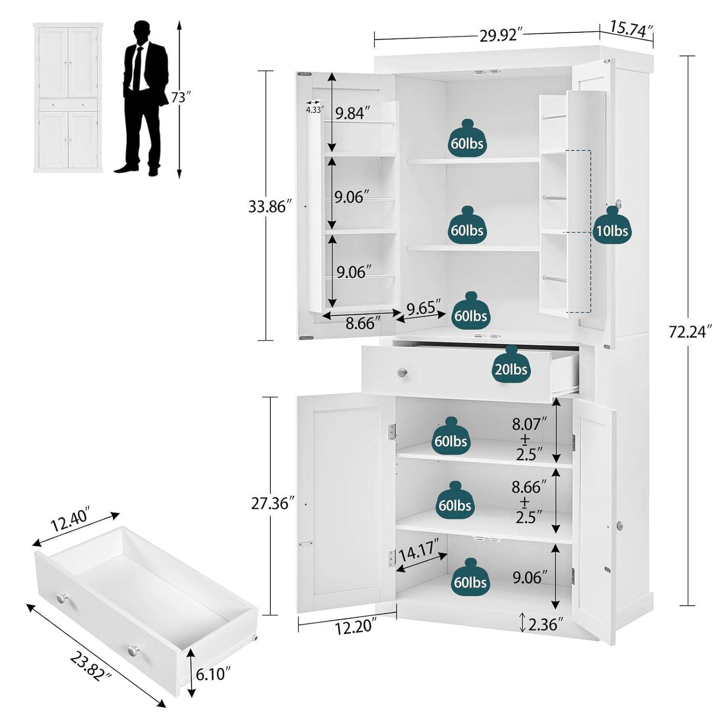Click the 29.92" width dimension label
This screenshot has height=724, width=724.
pyautogui.click(x=501, y=36)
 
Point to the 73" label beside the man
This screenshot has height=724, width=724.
pyautogui.click(x=179, y=97)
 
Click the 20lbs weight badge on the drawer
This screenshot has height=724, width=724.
pyautogui.click(x=511, y=369)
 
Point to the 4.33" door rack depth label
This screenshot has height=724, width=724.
pyautogui.click(x=314, y=110)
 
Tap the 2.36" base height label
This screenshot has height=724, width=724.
pyautogui.click(x=545, y=625)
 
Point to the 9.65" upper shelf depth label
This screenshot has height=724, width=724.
pyautogui.click(x=423, y=307)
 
